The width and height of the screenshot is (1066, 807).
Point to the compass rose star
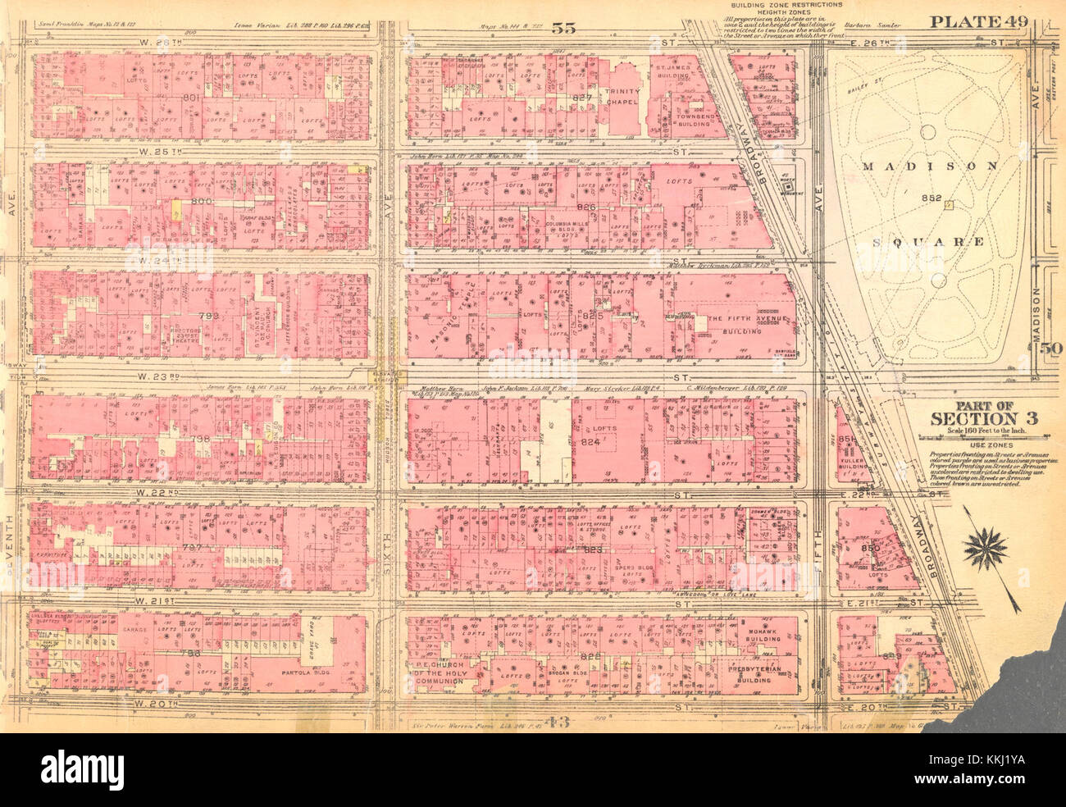986,549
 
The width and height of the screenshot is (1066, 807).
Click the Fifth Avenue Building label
736,324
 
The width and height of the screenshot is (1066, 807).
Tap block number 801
192,97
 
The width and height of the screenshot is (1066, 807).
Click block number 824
605,444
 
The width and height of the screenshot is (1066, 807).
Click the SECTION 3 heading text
983,418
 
